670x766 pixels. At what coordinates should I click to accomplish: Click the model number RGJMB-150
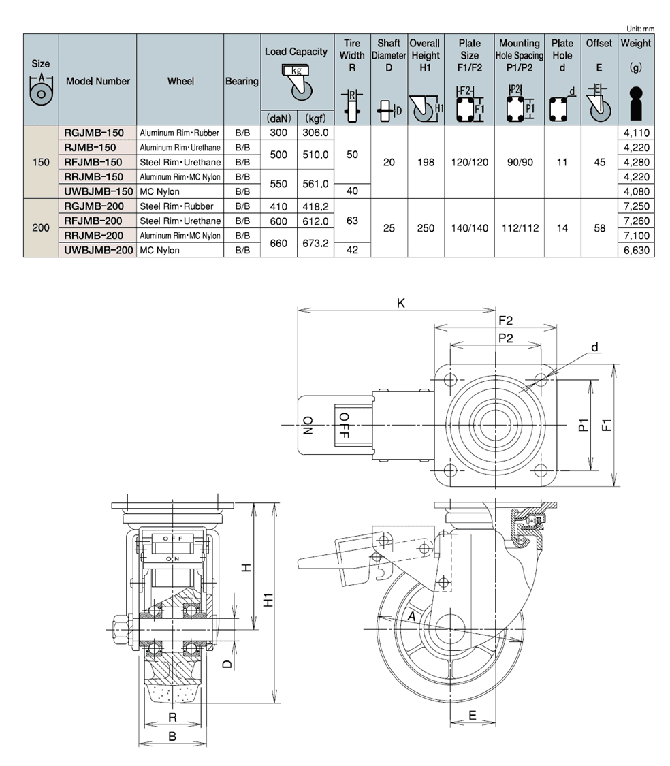pyautogui.click(x=94, y=133)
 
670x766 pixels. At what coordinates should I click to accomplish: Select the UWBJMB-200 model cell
pyautogui.click(x=98, y=250)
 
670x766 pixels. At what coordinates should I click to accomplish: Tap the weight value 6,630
pyautogui.click(x=636, y=250)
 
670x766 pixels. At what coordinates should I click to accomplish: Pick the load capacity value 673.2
pyautogui.click(x=315, y=243)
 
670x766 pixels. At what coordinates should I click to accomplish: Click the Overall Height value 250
pyautogui.click(x=426, y=228)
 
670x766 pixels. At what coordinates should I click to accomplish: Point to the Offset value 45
pyautogui.click(x=600, y=162)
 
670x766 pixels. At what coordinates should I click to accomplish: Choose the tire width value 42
pyautogui.click(x=352, y=250)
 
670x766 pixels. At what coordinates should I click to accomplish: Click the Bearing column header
pyautogui.click(x=242, y=81)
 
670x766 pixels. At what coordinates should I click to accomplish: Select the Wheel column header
pyautogui.click(x=180, y=81)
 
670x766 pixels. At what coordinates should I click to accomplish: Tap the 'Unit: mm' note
pyautogui.click(x=640, y=29)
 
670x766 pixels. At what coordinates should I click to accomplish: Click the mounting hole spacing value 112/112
pyautogui.click(x=520, y=228)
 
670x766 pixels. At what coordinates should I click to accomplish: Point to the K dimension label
pyautogui.click(x=401, y=304)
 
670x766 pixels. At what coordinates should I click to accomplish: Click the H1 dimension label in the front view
pyautogui.click(x=268, y=600)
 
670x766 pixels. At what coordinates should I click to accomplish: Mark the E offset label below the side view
pyautogui.click(x=472, y=715)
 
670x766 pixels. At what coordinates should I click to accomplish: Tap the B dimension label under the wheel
pyautogui.click(x=172, y=736)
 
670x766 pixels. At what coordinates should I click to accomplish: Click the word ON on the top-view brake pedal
pyautogui.click(x=308, y=426)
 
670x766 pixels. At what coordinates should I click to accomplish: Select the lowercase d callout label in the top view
pyautogui.click(x=594, y=347)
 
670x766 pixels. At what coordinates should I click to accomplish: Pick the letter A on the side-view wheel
pyautogui.click(x=411, y=616)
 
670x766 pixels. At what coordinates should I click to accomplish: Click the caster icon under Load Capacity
pyautogui.click(x=297, y=82)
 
